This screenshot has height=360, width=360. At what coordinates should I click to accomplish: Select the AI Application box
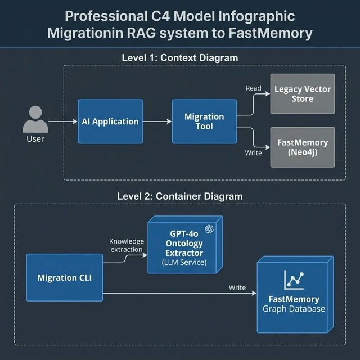pyautogui.click(x=110, y=121)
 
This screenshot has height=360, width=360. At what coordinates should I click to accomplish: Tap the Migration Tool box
pyautogui.click(x=204, y=121)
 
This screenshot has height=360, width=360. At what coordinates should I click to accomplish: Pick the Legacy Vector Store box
pyautogui.click(x=303, y=94)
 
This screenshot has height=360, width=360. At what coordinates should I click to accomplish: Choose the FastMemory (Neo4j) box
pyautogui.click(x=303, y=147)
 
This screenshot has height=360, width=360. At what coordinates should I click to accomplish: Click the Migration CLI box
pyautogui.click(x=64, y=277)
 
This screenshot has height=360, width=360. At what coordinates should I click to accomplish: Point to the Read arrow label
pyautogui.click(x=254, y=88)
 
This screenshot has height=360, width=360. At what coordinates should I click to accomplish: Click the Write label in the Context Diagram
pyautogui.click(x=254, y=153)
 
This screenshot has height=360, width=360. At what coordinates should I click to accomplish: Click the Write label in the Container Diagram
pyautogui.click(x=237, y=287)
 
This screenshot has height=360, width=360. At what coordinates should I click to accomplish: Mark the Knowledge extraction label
pyautogui.click(x=127, y=245)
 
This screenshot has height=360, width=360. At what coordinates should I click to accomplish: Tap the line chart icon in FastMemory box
pyautogui.click(x=294, y=280)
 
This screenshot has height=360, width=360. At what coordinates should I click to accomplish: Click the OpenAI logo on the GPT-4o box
pyautogui.click(x=209, y=228)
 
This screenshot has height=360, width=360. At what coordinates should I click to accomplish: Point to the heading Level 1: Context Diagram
pyautogui.click(x=180, y=57)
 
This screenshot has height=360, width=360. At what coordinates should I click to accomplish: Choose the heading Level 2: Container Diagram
pyautogui.click(x=180, y=196)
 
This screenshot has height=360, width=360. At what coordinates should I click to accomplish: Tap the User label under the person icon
pyautogui.click(x=35, y=138)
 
